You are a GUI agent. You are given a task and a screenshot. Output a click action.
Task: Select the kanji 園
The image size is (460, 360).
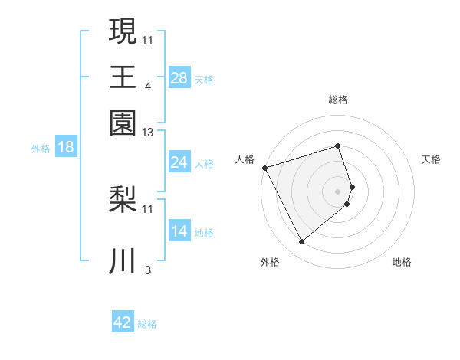point(123,122)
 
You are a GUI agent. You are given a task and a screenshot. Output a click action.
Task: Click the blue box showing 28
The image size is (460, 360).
point(179,77)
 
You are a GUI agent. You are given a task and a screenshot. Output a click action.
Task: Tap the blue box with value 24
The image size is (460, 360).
point(179,162)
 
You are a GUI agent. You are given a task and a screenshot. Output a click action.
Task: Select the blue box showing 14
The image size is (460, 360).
point(179,231)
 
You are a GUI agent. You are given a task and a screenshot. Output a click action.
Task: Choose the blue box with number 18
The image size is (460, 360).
point(66,148)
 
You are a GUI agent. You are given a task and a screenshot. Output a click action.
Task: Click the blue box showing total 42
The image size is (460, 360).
point(123,322)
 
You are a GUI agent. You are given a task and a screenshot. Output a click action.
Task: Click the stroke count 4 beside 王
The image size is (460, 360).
point(147,87)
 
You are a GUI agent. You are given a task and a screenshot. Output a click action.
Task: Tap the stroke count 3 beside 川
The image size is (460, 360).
point(147,270)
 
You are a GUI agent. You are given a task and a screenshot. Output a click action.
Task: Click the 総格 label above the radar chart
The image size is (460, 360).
point(338,100)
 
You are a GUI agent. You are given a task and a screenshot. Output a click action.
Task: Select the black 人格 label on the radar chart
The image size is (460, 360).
point(245,159)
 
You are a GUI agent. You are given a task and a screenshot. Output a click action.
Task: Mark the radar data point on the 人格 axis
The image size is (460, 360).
point(265,168)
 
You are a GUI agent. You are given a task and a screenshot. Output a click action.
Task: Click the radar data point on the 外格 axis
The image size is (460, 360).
point(301,242)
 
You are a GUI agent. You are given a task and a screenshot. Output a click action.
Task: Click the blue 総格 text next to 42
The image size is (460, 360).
point(147,324)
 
